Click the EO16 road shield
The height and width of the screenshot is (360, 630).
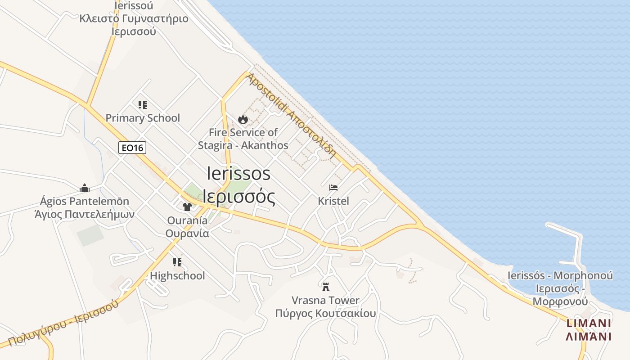click(x=133, y=147)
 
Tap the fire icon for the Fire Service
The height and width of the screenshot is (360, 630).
click(x=243, y=119)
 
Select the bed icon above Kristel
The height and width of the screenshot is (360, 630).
click(x=333, y=188)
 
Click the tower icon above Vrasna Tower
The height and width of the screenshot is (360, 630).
click(x=326, y=287)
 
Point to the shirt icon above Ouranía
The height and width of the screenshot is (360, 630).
click(x=187, y=207)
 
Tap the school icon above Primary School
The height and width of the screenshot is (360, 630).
click(x=143, y=105)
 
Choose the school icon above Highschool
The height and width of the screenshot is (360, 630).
click(x=177, y=262)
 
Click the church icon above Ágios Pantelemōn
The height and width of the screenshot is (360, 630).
click(x=85, y=188)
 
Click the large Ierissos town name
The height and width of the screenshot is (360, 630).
click(x=239, y=174)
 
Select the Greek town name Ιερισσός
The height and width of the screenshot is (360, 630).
click(x=239, y=196)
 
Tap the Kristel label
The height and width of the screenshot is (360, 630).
click(x=333, y=201)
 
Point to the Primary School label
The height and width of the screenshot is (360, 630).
click(x=143, y=118)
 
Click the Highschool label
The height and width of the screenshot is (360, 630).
click(x=177, y=275)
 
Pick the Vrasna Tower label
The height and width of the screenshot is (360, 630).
click(x=325, y=300)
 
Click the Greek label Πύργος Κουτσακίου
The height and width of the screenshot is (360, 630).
click(x=325, y=313)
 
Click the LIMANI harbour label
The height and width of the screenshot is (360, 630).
click(x=588, y=323)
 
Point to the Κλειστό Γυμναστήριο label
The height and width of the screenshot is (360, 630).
click(x=134, y=19)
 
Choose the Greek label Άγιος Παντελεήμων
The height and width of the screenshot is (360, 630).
click(x=85, y=214)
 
